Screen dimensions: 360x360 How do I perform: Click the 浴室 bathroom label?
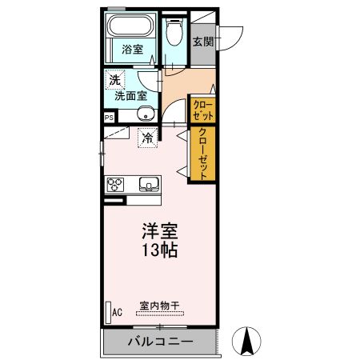pos(132,50)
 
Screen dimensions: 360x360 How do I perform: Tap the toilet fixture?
pos(174,34)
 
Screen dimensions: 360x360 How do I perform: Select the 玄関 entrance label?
pos(202,41)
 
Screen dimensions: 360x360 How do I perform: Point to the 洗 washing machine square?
pos(115,79)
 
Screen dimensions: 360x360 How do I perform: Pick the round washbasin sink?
pos(145,111)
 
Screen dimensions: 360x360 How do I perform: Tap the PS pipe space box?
pos(108,116)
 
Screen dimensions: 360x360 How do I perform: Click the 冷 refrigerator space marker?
pos(147,138)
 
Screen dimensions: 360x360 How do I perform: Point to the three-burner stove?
pos(114,184)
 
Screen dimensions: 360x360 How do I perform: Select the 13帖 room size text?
pos(159,250)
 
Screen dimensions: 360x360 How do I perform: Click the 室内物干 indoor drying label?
pos(159,305)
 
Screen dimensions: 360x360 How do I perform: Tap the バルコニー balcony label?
pos(159,342)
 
